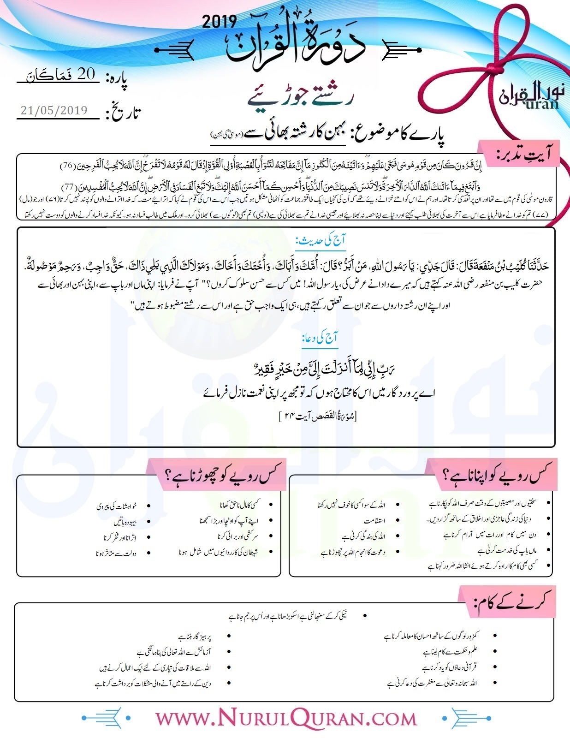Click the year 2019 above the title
coord(220,22)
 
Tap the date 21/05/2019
coord(54,110)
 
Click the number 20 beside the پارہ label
coord(86,74)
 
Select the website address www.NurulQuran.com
coord(285,718)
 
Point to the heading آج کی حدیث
coord(321,240)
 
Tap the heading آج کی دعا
coord(320,338)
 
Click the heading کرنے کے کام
coord(512,602)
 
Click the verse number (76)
coord(68,165)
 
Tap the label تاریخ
coord(123,112)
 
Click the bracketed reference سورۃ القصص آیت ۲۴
coord(318,417)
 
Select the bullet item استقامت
coord(374,521)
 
